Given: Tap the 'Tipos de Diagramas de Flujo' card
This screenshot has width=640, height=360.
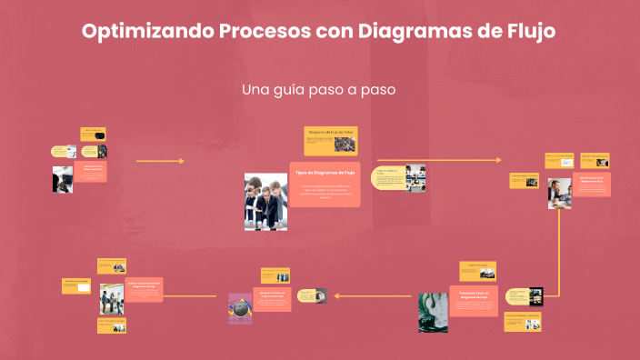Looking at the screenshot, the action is click(325, 183).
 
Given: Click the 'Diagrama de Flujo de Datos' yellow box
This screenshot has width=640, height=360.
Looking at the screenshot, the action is click(328, 141).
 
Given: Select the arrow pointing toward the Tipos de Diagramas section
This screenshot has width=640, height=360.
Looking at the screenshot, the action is click(160, 161).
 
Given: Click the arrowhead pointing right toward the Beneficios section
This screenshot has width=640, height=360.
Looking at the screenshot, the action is click(497, 161).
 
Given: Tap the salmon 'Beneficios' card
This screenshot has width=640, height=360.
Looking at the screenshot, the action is click(592, 184).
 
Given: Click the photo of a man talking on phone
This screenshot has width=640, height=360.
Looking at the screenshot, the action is click(559, 193).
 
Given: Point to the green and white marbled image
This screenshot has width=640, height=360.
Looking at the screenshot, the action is click(432, 312).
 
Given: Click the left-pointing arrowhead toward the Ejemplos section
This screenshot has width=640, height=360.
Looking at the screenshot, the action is click(337, 295).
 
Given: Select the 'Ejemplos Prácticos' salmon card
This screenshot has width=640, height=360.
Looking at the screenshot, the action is click(272, 298).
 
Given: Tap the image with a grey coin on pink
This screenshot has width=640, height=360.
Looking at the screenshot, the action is click(239, 308).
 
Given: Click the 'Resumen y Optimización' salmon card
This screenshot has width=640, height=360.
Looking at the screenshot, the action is click(144, 289).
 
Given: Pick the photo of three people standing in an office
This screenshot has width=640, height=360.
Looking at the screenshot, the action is click(112, 299).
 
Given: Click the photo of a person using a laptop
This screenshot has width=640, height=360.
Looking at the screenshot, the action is click(63, 179).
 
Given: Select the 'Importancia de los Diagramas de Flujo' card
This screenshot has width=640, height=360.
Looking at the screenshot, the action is click(91, 171).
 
